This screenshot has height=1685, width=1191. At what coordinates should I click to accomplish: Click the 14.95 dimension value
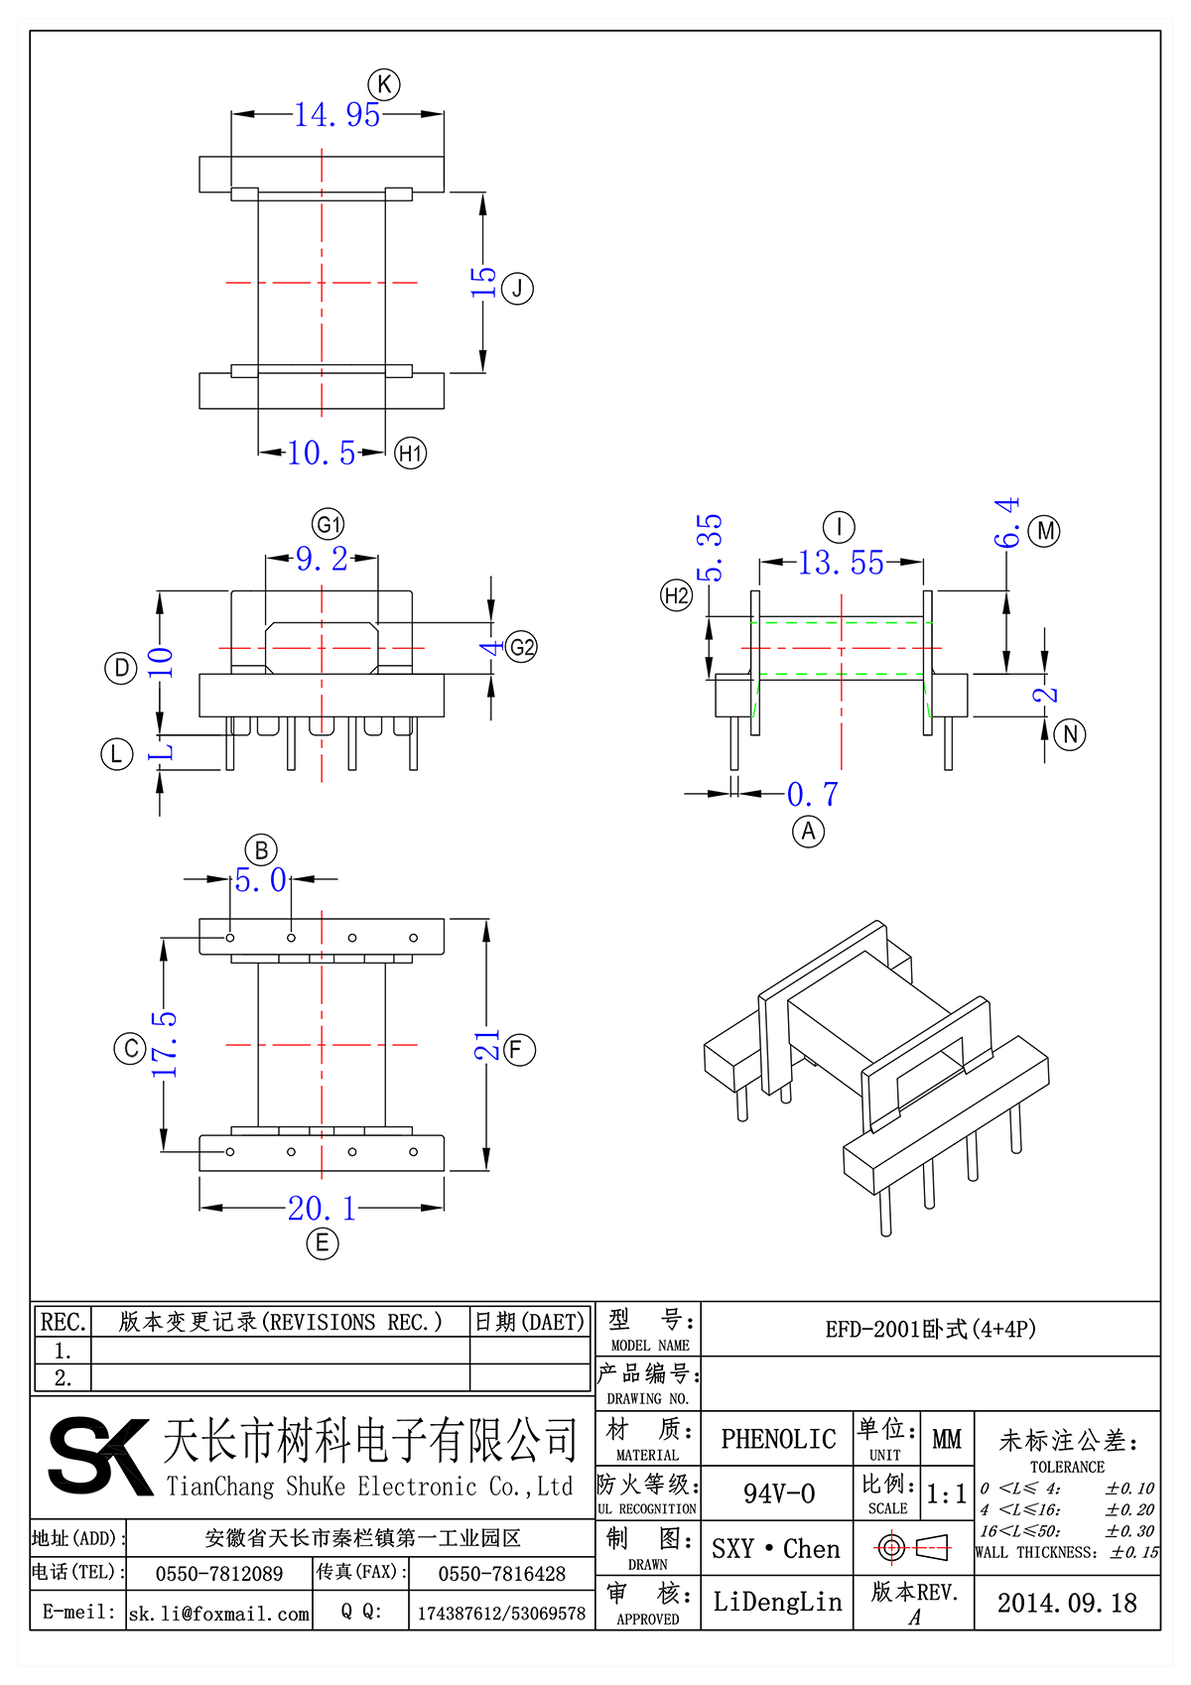click(337, 115)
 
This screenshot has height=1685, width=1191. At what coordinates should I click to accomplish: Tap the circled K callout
click(384, 84)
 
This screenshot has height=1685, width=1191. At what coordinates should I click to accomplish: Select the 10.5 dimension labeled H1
click(322, 454)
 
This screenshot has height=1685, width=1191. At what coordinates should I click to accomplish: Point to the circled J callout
click(517, 289)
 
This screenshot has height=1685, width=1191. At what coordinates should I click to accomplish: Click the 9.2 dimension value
click(322, 560)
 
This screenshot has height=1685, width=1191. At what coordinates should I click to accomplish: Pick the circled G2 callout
click(521, 648)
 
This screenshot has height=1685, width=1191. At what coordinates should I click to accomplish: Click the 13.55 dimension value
click(841, 564)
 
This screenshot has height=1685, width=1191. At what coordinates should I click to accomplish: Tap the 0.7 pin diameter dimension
click(813, 794)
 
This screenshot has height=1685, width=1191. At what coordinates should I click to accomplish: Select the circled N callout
click(1070, 734)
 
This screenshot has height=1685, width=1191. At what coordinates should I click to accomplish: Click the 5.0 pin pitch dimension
click(260, 880)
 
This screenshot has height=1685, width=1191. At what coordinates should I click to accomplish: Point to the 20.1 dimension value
click(322, 1209)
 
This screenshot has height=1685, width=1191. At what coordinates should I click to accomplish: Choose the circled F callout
click(519, 1050)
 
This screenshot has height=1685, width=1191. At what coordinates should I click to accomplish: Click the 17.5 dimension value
click(165, 1045)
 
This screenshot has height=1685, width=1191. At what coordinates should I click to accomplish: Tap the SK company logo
click(99, 1456)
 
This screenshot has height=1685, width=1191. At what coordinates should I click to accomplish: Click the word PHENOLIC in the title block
click(778, 1439)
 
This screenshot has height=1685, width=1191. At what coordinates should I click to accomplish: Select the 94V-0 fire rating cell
click(779, 1493)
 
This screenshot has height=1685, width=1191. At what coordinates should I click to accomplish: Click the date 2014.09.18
click(1067, 1604)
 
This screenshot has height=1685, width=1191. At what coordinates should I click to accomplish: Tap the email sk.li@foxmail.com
click(219, 1614)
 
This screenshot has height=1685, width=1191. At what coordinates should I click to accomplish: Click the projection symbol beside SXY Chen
click(913, 1547)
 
